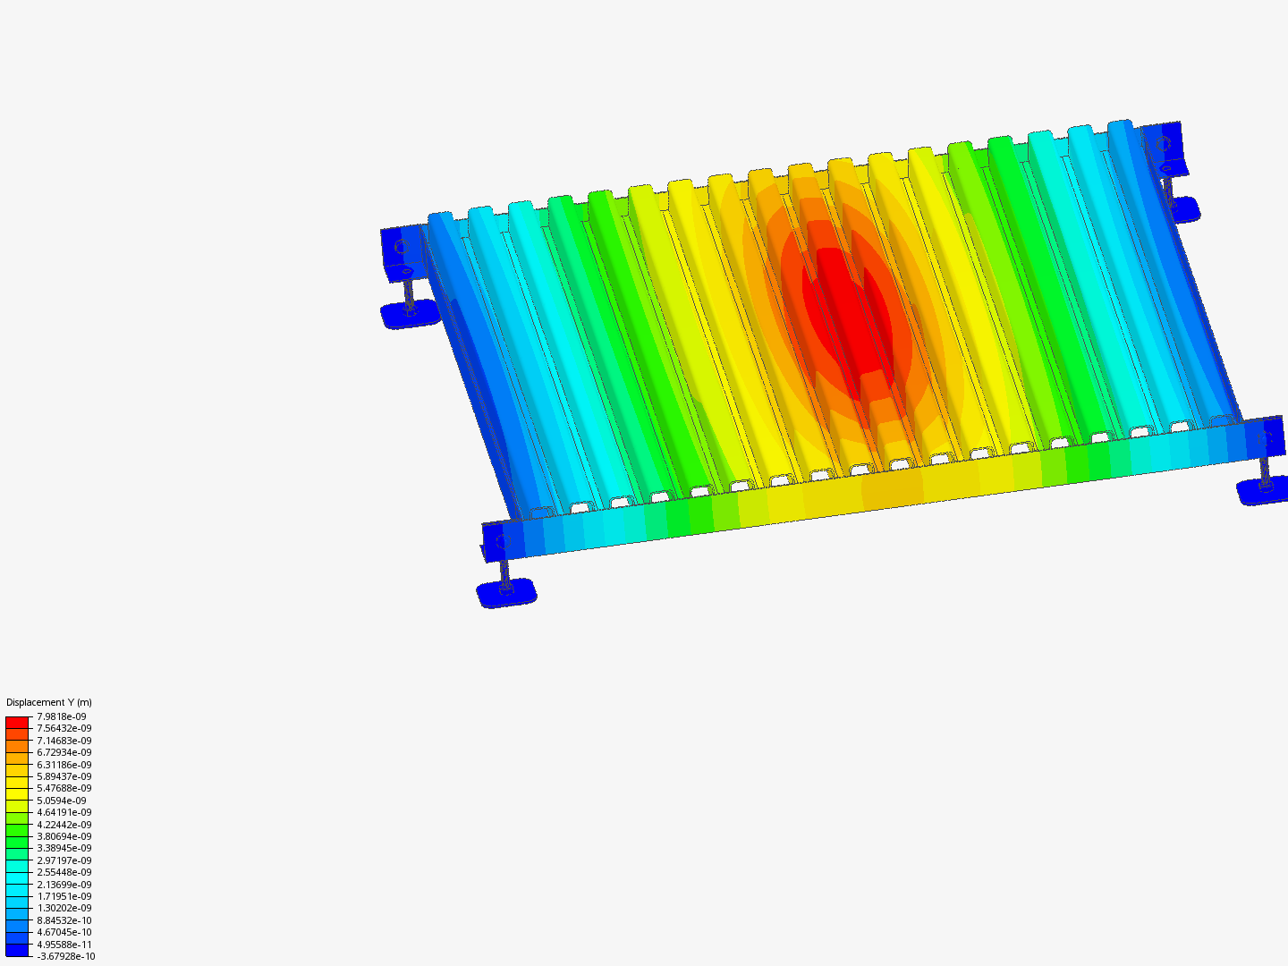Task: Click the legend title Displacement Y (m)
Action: point(48,702)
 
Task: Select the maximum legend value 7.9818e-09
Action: point(62,716)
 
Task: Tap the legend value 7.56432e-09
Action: point(64,728)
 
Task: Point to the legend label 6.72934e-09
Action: point(64,752)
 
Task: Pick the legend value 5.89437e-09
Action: point(64,776)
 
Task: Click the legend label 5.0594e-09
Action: point(62,801)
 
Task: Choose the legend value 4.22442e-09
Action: point(64,825)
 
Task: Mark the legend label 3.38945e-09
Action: point(64,848)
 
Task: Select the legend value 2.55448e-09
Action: point(64,872)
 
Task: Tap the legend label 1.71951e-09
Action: point(64,896)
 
